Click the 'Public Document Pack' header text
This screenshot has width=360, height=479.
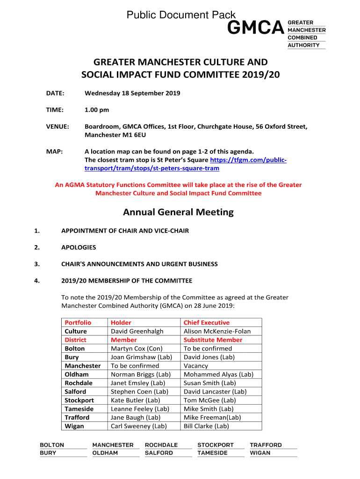click(181, 15)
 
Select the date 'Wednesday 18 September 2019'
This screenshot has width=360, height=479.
click(132, 93)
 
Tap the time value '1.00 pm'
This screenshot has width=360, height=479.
click(97, 110)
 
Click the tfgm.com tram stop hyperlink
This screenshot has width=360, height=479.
click(185, 164)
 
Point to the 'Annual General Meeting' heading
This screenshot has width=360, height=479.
click(178, 212)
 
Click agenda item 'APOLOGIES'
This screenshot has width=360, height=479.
click(79, 247)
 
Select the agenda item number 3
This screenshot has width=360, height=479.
click(37, 264)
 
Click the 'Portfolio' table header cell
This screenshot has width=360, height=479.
click(78, 323)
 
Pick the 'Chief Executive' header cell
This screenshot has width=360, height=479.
click(207, 323)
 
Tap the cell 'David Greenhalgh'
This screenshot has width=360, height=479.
click(137, 331)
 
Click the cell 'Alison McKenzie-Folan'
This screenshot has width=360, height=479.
click(217, 331)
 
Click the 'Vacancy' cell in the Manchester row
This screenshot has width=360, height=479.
click(196, 366)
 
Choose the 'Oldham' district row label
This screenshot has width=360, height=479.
click(77, 374)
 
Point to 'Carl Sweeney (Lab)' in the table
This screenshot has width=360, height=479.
click(138, 426)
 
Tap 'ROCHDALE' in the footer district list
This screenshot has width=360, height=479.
click(161, 445)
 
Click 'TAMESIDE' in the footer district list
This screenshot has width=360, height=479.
click(213, 453)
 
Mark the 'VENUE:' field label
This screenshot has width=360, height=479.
click(58, 127)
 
